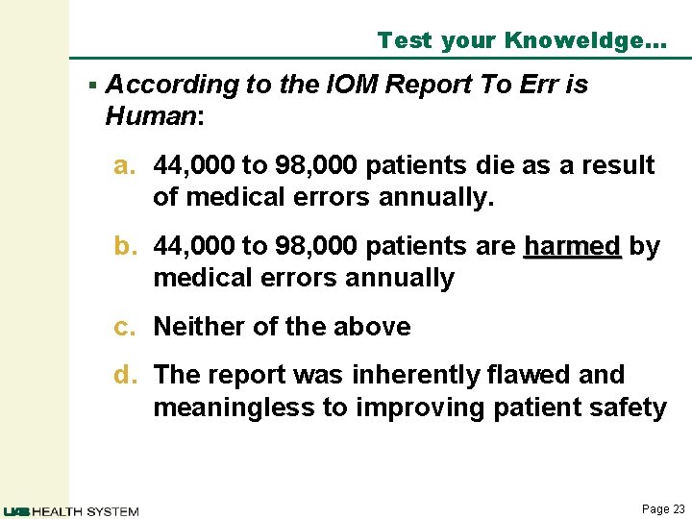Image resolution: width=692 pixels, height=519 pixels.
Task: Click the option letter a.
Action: [x=127, y=165]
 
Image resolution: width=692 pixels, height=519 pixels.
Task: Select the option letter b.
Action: [x=127, y=246]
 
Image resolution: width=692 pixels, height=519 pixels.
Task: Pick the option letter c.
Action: [x=126, y=327]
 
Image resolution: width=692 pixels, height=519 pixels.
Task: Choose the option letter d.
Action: [x=127, y=374]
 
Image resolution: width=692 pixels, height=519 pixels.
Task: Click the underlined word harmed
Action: [x=573, y=246]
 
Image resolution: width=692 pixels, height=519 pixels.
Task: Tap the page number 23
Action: [x=679, y=509]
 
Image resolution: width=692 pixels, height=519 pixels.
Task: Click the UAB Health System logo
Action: [x=71, y=510]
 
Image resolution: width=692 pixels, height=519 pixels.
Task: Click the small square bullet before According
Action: [x=92, y=85]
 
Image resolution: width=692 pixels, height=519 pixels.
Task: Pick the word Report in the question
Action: [x=428, y=85]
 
